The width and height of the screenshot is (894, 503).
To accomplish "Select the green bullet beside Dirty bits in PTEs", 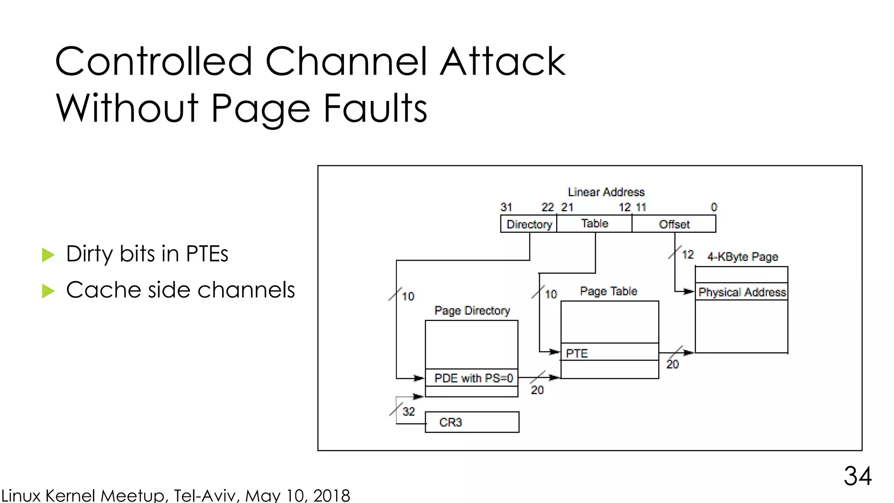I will tap(48, 255).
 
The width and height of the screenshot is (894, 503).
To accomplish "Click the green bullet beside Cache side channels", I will tap(48, 291).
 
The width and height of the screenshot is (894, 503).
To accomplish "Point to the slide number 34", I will tap(857, 476).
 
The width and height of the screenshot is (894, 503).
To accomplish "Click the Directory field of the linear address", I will tap(529, 224).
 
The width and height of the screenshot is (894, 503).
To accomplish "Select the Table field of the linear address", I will tap(595, 224).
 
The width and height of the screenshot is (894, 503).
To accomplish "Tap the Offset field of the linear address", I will tap(674, 224).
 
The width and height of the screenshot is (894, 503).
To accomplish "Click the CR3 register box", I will tap(472, 422).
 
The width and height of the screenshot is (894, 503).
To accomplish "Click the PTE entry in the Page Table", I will tap(609, 353).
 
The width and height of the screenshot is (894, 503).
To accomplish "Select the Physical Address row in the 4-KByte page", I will tap(742, 292).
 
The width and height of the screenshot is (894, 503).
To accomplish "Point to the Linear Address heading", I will tap(606, 192).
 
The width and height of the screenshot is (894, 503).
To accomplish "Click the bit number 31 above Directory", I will tap(506, 207).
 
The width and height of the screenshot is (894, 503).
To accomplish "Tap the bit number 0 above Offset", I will tap(714, 207).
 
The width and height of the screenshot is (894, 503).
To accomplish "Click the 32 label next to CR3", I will tap(409, 411).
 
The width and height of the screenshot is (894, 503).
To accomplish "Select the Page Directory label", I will tap(472, 310).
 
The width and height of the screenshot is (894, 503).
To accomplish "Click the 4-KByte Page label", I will tap(743, 256).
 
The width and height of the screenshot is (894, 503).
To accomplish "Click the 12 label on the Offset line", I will tap(688, 255).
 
